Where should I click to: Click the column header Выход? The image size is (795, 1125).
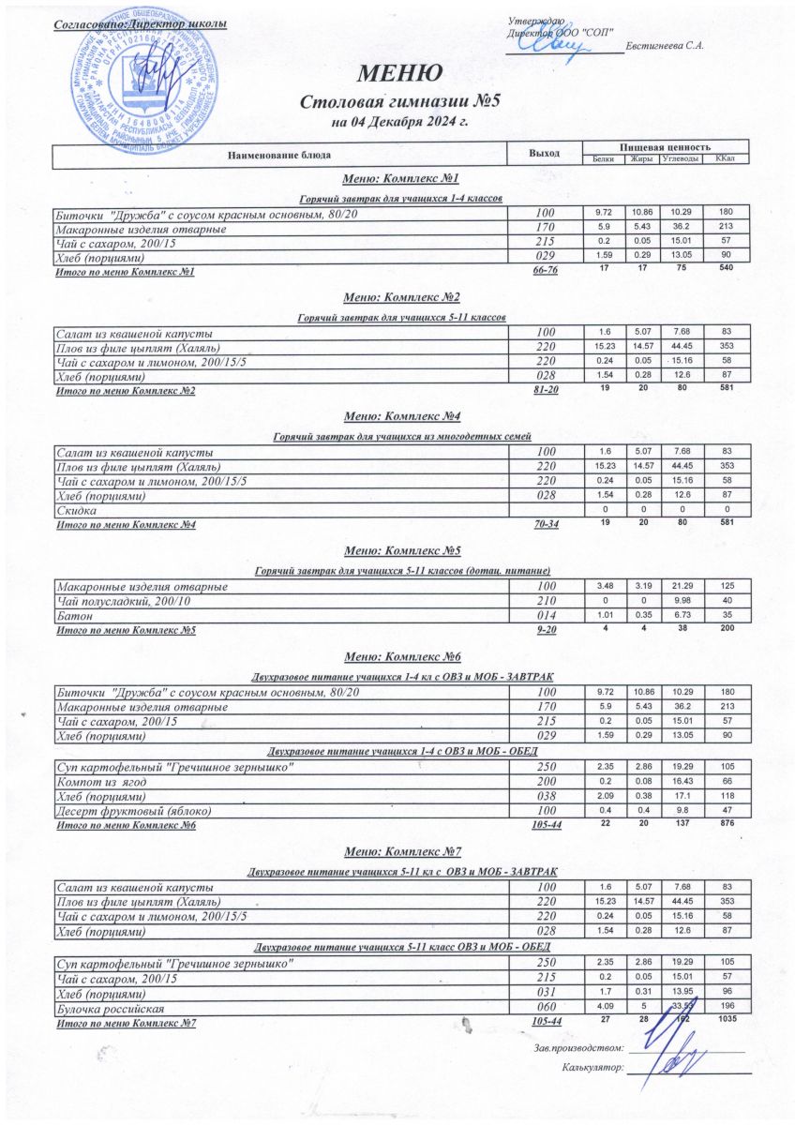pyautogui.click(x=545, y=152)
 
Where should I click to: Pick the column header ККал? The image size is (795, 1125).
pyautogui.click(x=724, y=158)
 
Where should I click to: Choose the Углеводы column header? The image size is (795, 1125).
pyautogui.click(x=682, y=158)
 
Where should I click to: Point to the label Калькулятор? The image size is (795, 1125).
pyautogui.click(x=592, y=1067)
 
